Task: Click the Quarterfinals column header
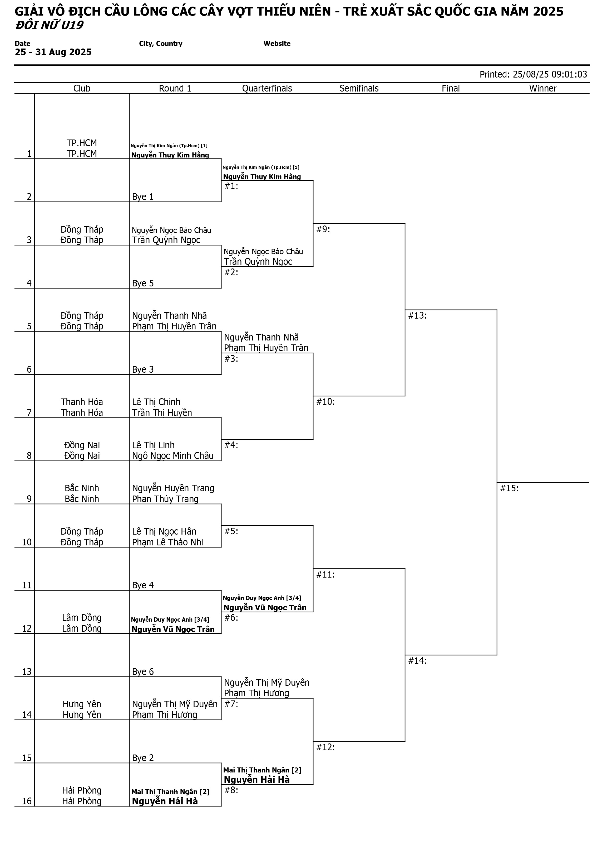point(267,88)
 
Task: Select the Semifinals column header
point(359,88)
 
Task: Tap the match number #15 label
point(509,488)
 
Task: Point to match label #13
point(417,315)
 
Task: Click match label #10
point(325,402)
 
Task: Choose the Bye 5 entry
point(143,283)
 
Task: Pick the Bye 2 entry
point(143,758)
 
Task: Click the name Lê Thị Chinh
point(156,402)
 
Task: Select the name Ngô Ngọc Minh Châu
point(173,456)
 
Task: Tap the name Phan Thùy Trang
point(165,499)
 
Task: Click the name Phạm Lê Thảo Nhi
point(167,542)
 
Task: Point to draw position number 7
point(29,413)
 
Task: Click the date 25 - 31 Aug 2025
point(53,52)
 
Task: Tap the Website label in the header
point(277,44)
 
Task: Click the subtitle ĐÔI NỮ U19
point(49,25)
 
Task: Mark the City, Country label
point(161,44)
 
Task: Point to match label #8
point(231,790)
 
